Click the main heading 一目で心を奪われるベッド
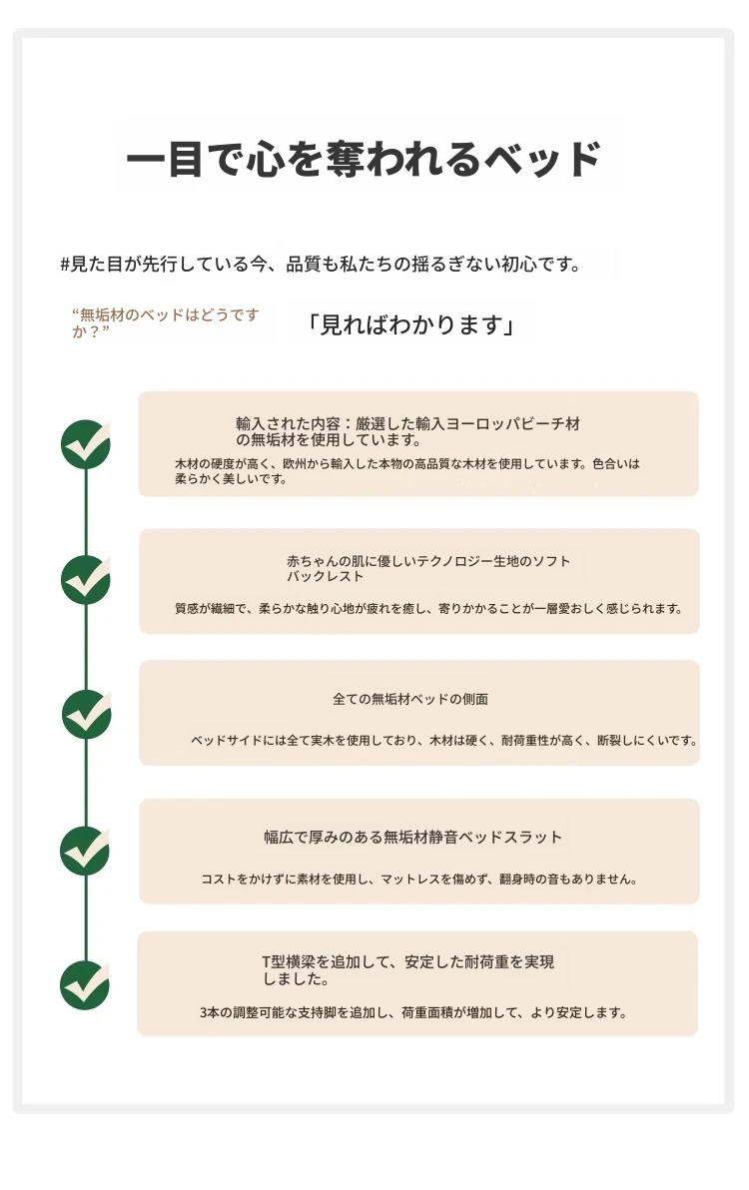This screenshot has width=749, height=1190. click(x=364, y=159)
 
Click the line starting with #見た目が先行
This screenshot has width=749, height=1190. click(x=321, y=265)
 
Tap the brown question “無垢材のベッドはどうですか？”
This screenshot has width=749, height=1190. click(x=166, y=322)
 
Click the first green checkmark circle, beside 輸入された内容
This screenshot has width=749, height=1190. click(x=86, y=444)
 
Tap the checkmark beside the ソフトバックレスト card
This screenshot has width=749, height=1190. click(x=86, y=580)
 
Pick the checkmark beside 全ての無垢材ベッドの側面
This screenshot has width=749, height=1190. click(x=87, y=715)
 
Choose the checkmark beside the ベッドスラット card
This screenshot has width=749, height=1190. click(x=86, y=851)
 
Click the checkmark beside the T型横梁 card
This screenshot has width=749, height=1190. click(x=85, y=985)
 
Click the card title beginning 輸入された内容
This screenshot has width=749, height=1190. click(x=407, y=432)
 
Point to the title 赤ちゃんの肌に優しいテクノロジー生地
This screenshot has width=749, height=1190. click(x=428, y=568)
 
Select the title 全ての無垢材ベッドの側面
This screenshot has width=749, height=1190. click(x=409, y=699)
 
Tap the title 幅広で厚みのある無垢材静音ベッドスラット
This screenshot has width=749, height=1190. click(x=412, y=838)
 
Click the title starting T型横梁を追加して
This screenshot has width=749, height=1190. click(x=408, y=970)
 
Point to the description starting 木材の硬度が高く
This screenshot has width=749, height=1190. click(x=407, y=471)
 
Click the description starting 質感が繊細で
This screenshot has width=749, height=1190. click(x=428, y=609)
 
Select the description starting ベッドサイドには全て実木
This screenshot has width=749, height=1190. click(x=444, y=740)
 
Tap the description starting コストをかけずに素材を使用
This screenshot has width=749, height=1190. click(x=418, y=879)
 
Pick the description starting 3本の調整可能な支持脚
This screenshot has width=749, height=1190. click(x=413, y=1012)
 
